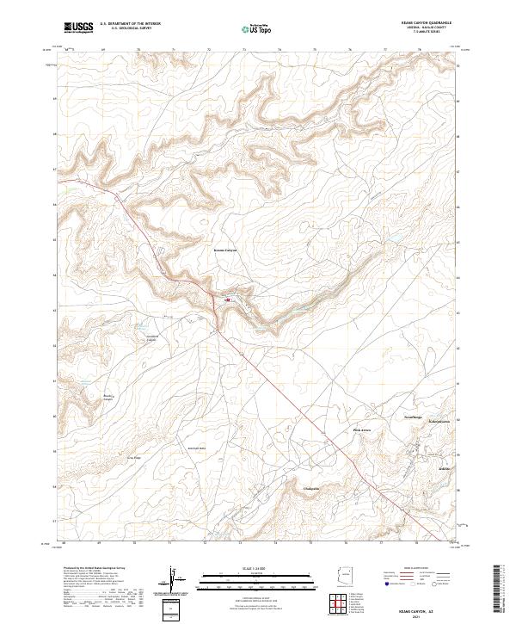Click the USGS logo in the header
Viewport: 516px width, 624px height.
(78, 28)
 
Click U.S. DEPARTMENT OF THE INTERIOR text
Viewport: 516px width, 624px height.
(130, 24)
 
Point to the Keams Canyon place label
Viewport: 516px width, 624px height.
(224, 250)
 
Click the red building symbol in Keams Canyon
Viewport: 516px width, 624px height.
(227, 300)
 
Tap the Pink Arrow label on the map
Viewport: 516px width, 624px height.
(362, 429)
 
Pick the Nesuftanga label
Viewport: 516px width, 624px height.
(391, 416)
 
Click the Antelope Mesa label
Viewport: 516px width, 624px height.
(197, 448)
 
